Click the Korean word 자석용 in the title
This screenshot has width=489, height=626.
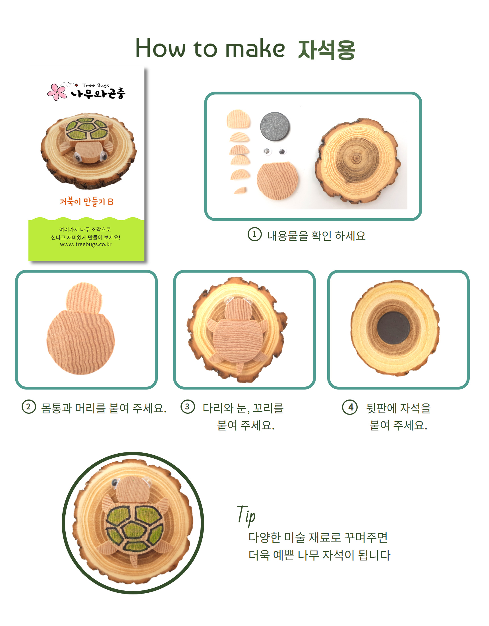[326, 49]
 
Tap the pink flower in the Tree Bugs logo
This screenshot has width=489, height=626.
[57, 92]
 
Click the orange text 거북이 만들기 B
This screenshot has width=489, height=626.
[86, 202]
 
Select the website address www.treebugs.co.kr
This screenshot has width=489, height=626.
[86, 244]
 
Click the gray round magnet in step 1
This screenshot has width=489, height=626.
[275, 126]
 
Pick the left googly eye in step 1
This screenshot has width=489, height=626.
[267, 151]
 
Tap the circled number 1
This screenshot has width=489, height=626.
[254, 234]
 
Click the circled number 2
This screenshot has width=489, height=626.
[29, 407]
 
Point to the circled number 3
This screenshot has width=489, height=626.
[188, 407]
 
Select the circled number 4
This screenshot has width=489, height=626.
[350, 407]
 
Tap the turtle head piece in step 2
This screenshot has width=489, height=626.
[84, 297]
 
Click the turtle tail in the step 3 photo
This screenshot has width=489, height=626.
[239, 368]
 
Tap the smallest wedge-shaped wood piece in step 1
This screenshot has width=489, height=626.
[241, 190]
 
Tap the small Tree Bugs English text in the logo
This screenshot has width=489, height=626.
[96, 85]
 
